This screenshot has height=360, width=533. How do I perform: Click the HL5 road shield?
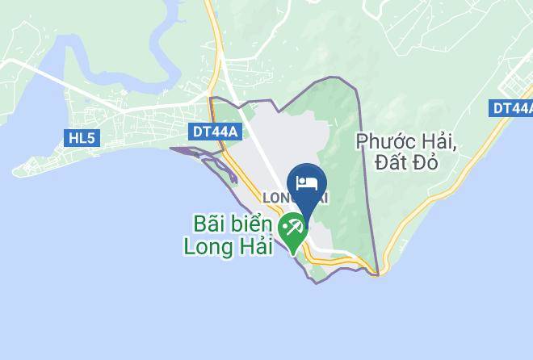coord(82,138)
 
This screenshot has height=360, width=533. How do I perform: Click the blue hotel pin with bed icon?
coord(307,185)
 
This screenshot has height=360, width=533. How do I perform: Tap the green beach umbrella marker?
coord(292,230)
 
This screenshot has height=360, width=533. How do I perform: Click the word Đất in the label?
coord(393,163)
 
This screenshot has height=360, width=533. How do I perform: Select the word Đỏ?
coord(426,163)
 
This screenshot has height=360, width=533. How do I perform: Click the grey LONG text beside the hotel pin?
coord(278,197)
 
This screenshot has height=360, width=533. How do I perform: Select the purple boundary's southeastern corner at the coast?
coord(377,274)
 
